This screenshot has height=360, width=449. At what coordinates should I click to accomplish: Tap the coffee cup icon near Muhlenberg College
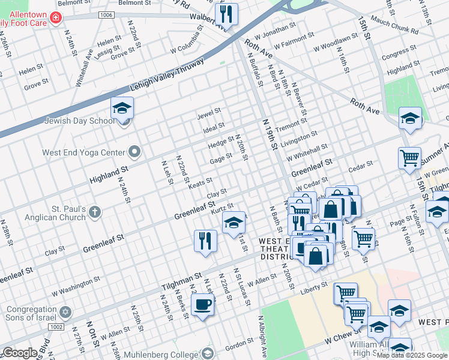point(202,304)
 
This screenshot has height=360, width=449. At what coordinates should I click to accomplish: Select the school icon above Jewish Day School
point(122,109)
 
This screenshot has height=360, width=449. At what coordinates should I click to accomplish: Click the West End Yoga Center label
point(83,152)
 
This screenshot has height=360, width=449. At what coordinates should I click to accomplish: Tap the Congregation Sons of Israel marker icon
point(66,312)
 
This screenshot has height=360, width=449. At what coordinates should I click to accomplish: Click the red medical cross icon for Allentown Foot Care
point(56,19)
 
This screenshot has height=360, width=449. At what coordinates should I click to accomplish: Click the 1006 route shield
point(106,14)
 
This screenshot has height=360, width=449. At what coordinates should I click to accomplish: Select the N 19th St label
point(269,134)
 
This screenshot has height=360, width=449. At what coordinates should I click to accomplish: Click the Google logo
point(19,353)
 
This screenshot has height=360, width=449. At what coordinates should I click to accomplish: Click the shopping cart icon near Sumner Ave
point(409,158)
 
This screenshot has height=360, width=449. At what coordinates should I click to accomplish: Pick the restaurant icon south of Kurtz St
point(205,241)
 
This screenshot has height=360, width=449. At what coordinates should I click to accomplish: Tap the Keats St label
point(200,181)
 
